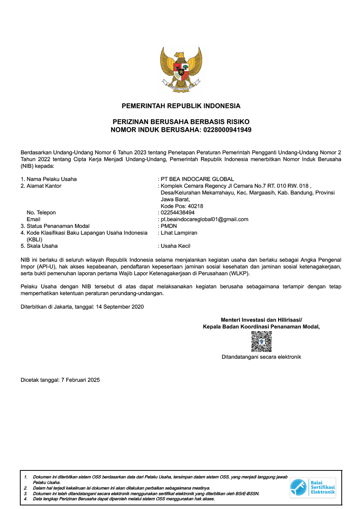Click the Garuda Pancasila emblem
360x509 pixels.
[181, 70]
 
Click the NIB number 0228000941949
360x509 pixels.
[227, 130]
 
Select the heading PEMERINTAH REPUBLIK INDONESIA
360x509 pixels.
[181, 106]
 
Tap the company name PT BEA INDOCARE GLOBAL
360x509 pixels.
[197, 179]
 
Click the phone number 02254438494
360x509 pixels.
[178, 213]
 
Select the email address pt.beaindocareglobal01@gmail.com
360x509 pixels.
[205, 219]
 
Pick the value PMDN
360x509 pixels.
[169, 226]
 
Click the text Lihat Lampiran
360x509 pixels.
[179, 233]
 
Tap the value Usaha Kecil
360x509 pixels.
[176, 246]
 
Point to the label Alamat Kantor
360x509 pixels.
[44, 186]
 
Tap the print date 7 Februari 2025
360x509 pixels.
[80, 380]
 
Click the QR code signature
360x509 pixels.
[261, 342]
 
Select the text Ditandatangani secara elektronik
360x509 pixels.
[261, 357]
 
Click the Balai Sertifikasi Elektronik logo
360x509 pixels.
[313, 488]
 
